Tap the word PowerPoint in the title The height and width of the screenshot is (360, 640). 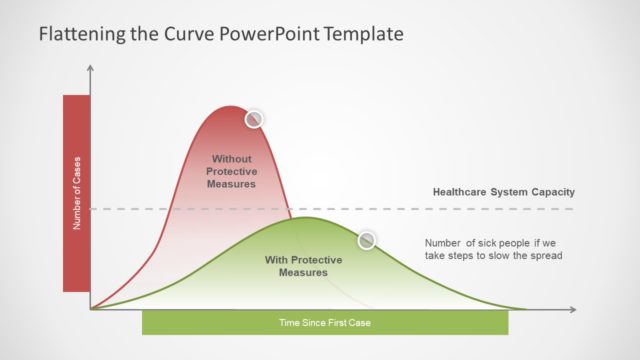click(x=261, y=34)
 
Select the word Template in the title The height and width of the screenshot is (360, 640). click(x=359, y=34)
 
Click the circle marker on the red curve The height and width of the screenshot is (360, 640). click(x=254, y=118)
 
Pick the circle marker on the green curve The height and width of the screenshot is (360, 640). click(x=367, y=240)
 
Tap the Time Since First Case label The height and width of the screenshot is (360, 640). click(x=325, y=323)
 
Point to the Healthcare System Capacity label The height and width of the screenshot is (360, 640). click(x=503, y=192)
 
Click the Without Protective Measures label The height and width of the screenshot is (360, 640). click(x=231, y=171)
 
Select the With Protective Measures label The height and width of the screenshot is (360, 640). click(x=303, y=266)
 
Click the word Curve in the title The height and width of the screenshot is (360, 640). click(x=184, y=34)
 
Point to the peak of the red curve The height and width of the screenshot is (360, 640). click(x=231, y=106)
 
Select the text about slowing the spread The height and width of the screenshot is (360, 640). click(x=494, y=249)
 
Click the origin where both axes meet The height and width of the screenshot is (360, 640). click(x=91, y=309)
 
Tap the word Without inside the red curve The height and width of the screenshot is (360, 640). click(x=231, y=159)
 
